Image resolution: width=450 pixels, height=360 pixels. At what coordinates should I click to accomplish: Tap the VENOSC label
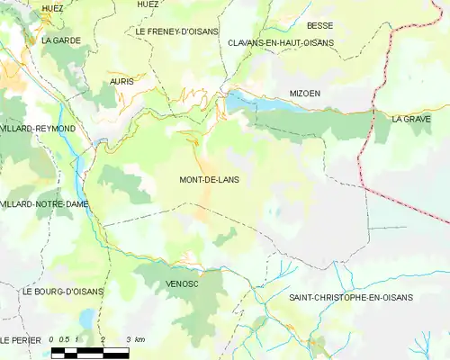(182, 283)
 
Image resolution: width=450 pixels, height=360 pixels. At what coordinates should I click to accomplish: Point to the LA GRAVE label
(411, 119)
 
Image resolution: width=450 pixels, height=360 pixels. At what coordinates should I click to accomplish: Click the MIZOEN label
(305, 94)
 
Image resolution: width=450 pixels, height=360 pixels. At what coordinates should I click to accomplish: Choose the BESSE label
(319, 26)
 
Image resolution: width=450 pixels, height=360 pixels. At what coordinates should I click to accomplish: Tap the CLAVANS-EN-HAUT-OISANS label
(280, 42)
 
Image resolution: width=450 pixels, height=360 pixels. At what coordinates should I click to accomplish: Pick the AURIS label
(121, 81)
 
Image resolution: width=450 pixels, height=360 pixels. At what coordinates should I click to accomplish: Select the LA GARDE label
(56, 40)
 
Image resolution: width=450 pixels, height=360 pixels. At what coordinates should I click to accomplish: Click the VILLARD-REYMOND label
(38, 129)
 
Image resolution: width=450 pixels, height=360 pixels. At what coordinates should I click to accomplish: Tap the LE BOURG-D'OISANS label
(63, 292)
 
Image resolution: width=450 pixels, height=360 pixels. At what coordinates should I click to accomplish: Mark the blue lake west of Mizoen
(247, 103)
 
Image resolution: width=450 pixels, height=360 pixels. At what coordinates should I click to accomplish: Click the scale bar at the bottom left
(90, 352)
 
